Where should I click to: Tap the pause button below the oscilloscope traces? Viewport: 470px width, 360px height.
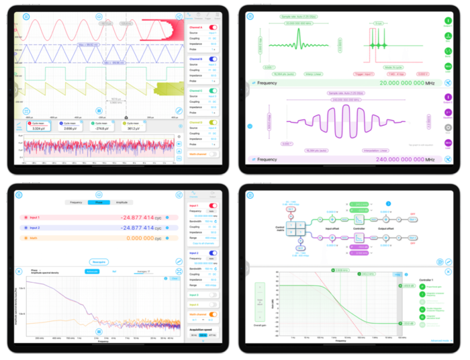[x=99, y=111]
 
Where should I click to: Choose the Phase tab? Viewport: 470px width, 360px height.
[x=99, y=201]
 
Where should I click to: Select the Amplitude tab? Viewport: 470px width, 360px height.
[x=122, y=201]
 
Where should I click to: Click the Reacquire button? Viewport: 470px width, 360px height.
[x=99, y=262]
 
